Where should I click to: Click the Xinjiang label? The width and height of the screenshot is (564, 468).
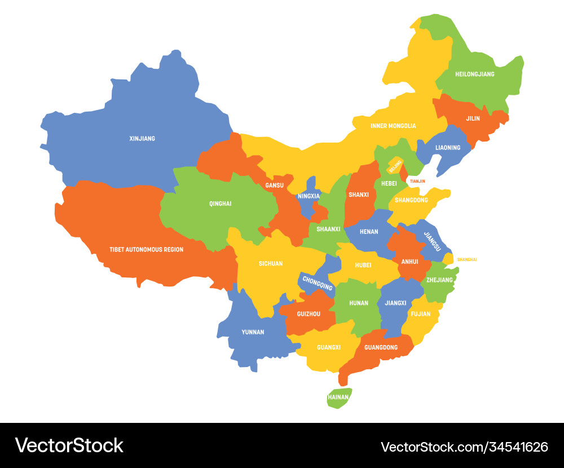(x=142, y=138)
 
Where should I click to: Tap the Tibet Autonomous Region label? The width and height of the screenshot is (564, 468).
(x=146, y=249)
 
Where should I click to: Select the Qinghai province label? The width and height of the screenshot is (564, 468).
(x=220, y=204)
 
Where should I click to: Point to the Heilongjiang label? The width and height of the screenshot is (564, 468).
(x=474, y=74)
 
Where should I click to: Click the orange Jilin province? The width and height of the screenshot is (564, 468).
(x=473, y=118)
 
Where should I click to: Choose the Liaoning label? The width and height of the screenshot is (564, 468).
(x=448, y=148)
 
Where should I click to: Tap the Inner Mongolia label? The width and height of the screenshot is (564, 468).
(x=393, y=126)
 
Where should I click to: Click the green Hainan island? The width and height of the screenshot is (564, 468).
(x=338, y=397)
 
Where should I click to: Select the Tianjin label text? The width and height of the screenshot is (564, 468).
(x=417, y=181)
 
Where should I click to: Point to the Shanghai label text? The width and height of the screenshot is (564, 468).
(x=466, y=259)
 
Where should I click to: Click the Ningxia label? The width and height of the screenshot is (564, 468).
(x=309, y=196)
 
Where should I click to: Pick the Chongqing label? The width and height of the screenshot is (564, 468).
(x=317, y=283)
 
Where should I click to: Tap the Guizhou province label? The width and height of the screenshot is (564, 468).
(x=308, y=314)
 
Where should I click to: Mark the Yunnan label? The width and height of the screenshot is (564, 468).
(x=253, y=332)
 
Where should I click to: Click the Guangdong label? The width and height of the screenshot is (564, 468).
(x=381, y=347)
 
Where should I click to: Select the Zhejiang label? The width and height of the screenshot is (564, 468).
(x=439, y=280)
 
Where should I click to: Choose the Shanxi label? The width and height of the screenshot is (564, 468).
(x=359, y=195)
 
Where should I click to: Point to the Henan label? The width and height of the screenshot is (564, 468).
(x=369, y=232)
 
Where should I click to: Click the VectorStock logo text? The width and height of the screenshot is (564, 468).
(x=69, y=445)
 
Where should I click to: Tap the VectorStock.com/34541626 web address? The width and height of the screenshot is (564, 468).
(x=464, y=447)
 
